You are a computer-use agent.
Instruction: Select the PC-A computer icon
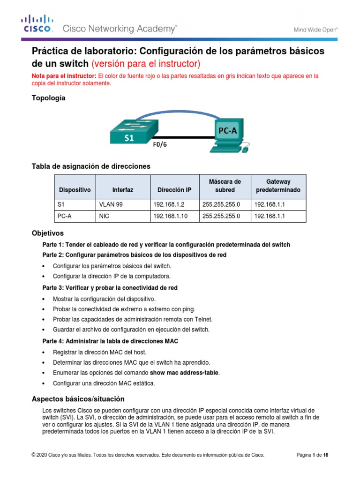228,135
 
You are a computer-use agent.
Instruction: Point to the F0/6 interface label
160,144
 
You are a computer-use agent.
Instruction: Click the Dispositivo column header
75,190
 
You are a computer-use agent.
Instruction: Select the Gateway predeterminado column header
278,186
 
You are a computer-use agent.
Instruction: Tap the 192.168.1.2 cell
166,204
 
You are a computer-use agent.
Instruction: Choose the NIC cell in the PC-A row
104,216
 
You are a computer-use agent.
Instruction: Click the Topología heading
48,98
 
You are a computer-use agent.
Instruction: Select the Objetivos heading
47,233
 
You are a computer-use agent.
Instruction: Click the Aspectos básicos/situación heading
78,399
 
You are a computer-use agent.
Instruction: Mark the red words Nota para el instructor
63,76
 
